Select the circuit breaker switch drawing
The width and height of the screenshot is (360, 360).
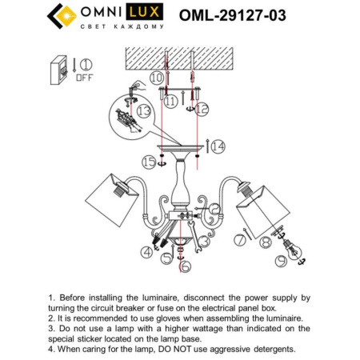coord(58,69)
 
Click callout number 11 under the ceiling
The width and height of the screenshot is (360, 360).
coord(170,102)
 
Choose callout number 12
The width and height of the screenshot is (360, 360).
coord(203,106)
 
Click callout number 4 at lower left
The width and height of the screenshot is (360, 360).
coord(146,251)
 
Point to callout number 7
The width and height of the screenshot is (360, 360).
coord(238,240)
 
